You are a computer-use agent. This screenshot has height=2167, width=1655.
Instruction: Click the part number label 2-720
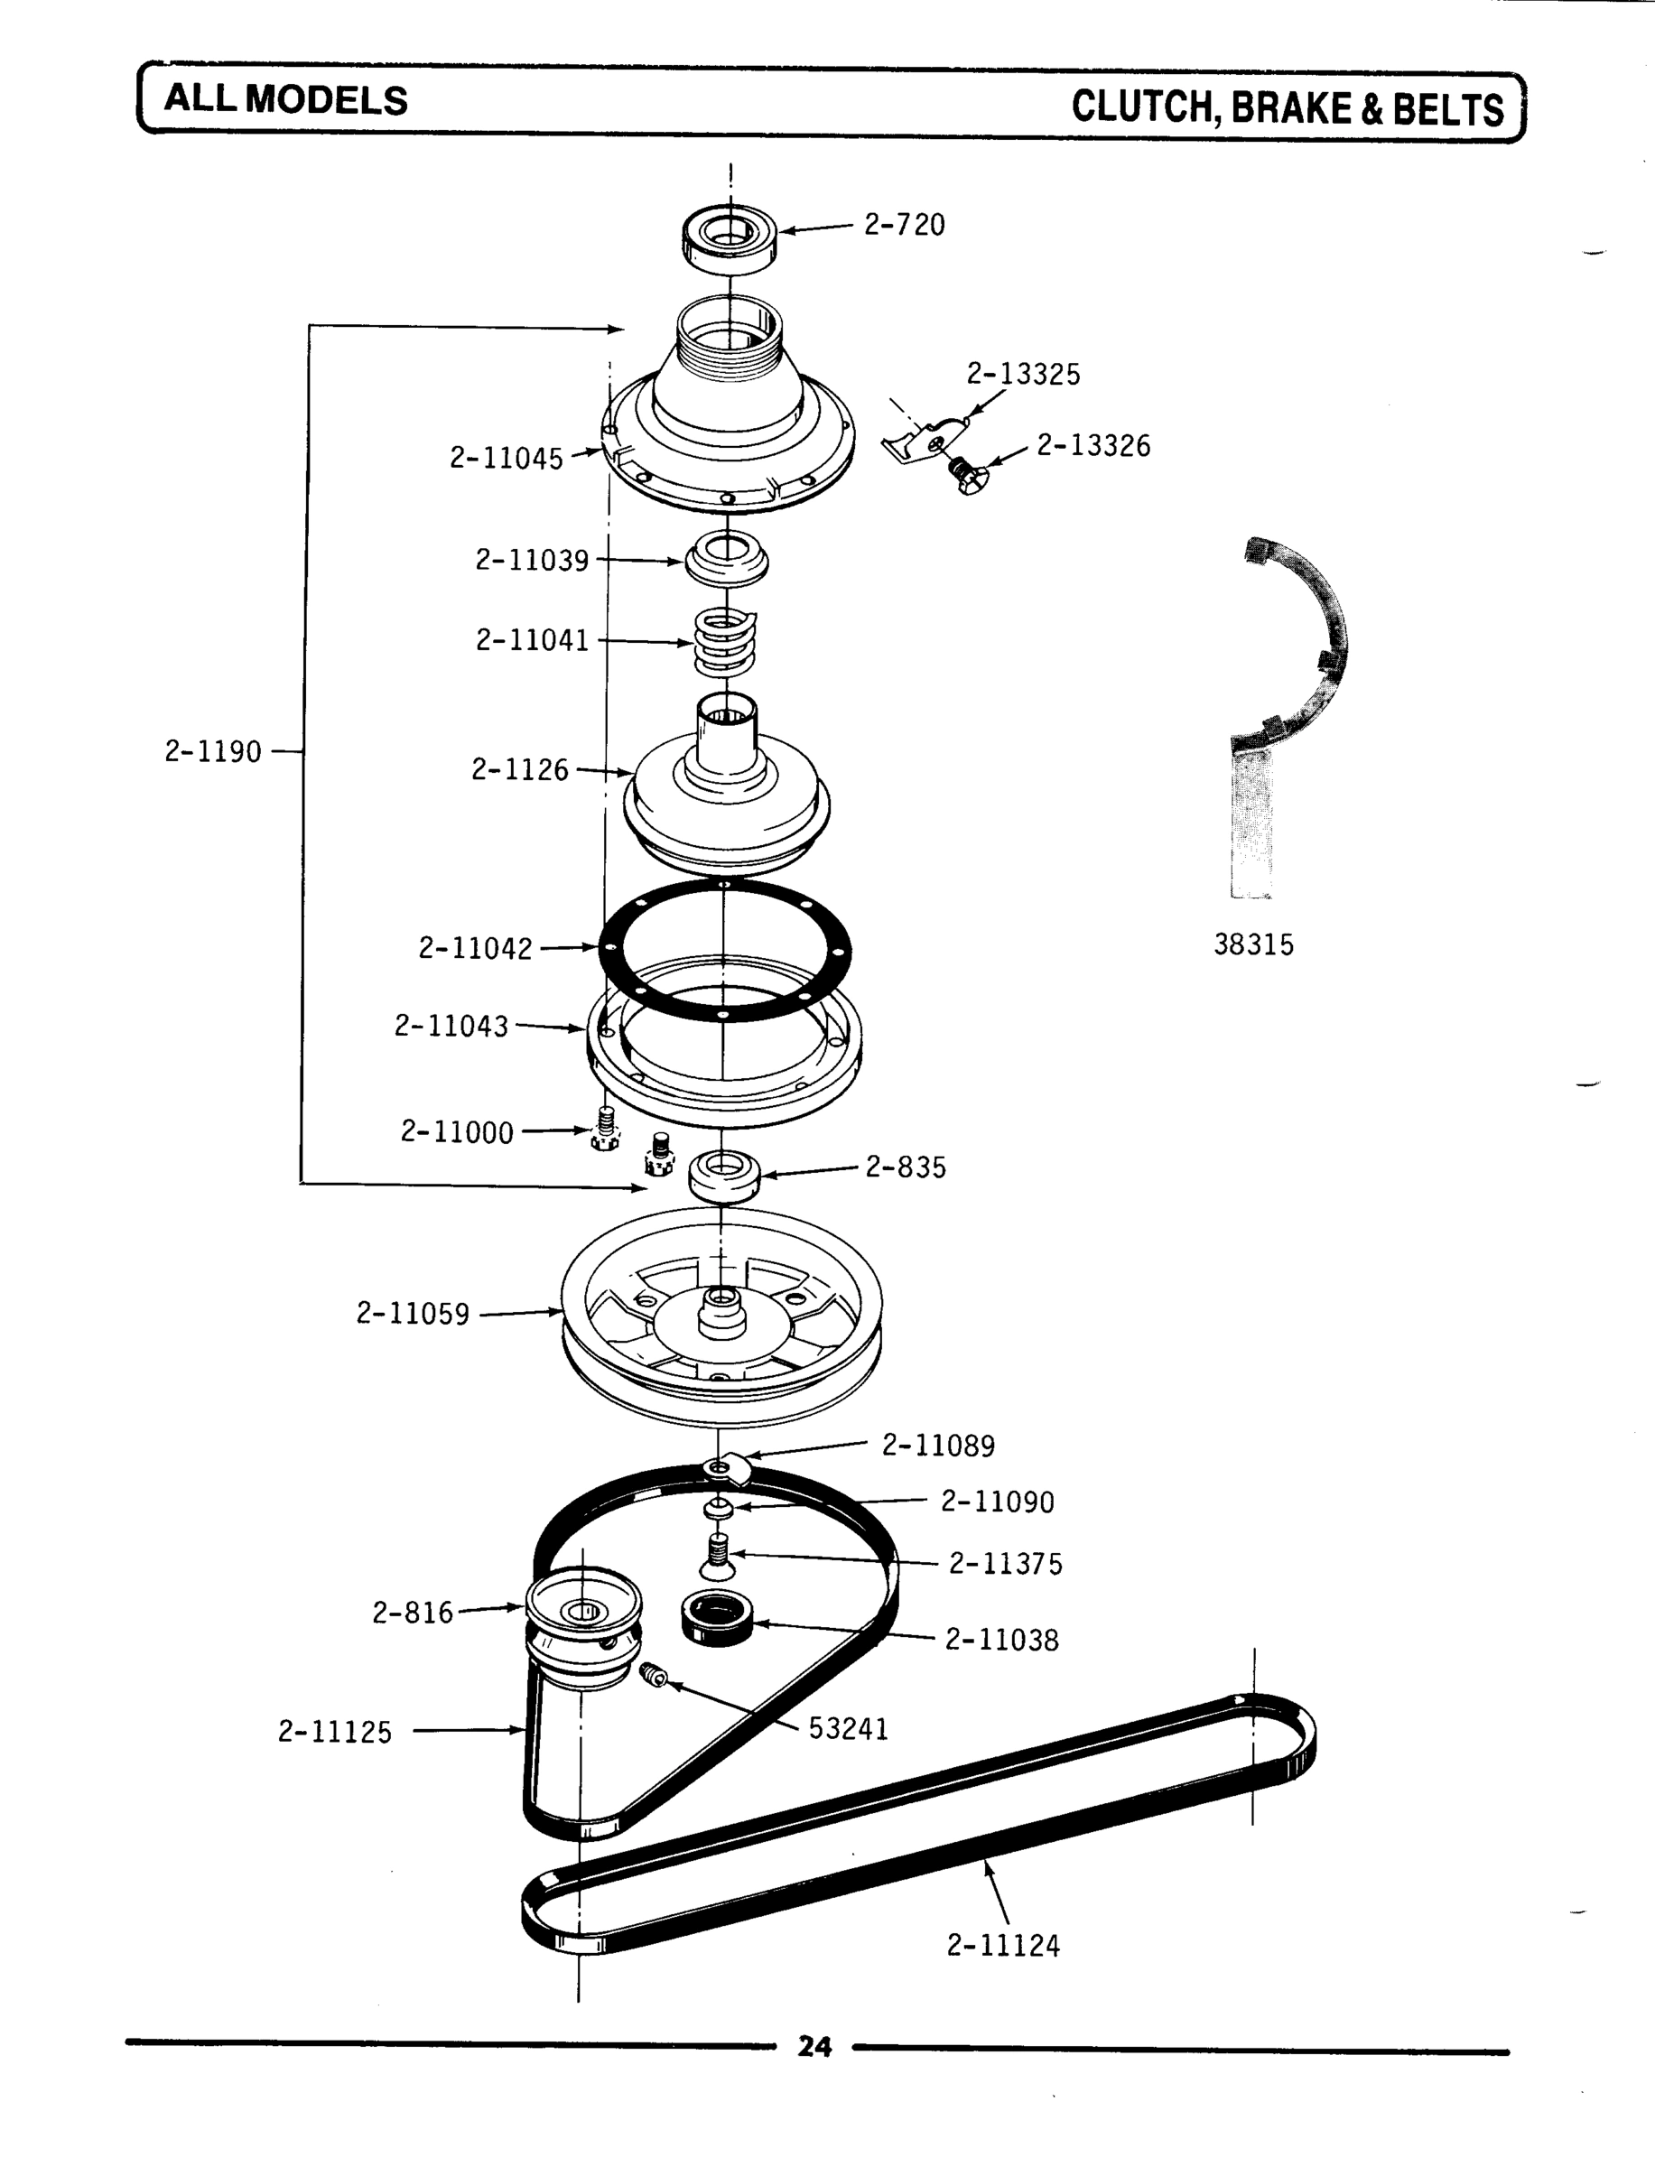(904, 226)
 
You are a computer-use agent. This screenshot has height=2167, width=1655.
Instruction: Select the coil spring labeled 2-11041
(725, 642)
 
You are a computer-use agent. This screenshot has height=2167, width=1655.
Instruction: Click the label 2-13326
(1092, 446)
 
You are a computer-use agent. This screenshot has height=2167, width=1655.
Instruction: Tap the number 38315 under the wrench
(1253, 944)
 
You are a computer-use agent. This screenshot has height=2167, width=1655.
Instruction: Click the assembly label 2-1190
(213, 752)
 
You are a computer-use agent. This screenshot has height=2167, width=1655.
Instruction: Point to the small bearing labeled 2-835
(724, 1175)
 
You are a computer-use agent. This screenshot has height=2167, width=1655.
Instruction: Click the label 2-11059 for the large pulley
(413, 1314)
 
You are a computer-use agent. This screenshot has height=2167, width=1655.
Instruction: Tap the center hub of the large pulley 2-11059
(722, 1313)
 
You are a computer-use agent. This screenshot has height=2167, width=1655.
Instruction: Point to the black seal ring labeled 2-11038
(717, 1617)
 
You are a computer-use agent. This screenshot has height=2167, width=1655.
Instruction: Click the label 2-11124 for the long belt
(1003, 1946)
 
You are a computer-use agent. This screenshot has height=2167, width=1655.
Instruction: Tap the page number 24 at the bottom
(814, 2047)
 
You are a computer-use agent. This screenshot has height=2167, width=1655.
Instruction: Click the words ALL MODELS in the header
(285, 100)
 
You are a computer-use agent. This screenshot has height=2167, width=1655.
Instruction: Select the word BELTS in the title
(1448, 108)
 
